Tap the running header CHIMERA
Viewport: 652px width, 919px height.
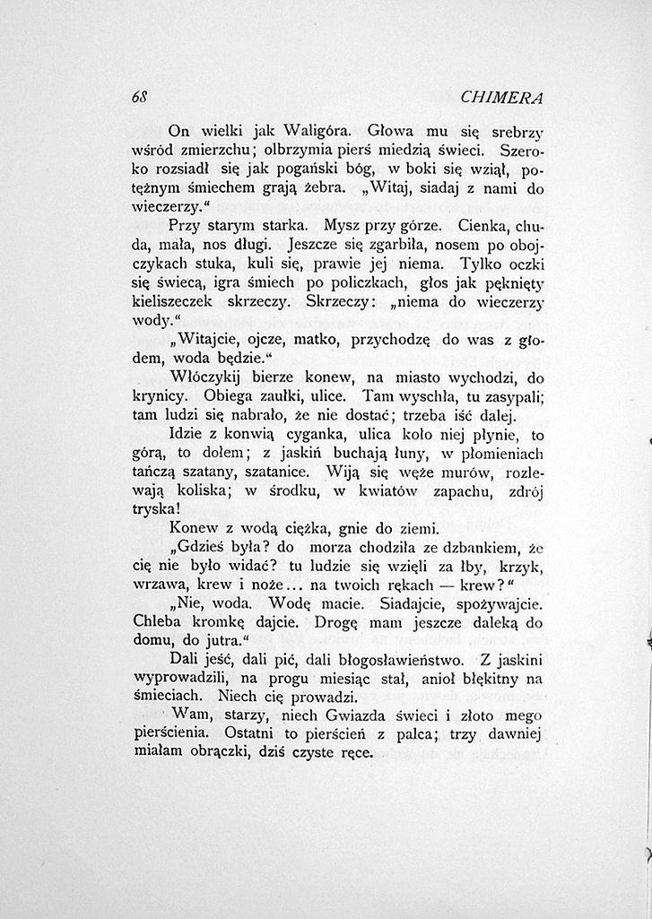click(x=505, y=97)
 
